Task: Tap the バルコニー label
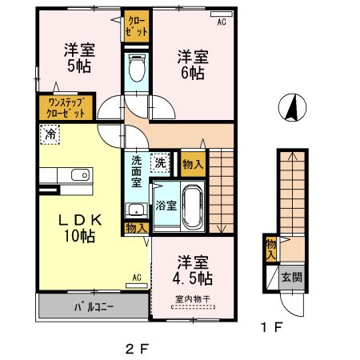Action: point(94,306)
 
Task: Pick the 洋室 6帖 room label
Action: point(192,64)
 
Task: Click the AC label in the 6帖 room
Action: point(222,22)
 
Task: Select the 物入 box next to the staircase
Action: point(192,164)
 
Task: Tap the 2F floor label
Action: point(138,349)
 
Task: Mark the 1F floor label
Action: point(272,327)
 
